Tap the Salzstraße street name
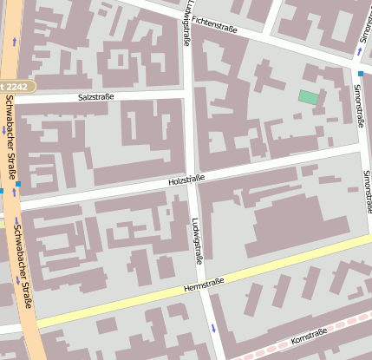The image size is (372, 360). [x=95, y=98]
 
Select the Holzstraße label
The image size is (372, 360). [x=186, y=179]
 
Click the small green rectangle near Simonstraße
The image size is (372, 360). [x=308, y=97]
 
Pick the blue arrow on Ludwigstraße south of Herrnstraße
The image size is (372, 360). [x=213, y=328]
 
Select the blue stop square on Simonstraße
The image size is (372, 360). [x=361, y=74]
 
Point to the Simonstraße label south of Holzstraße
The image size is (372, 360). [x=368, y=191]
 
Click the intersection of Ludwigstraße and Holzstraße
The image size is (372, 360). [x=190, y=184]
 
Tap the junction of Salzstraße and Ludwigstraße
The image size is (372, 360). [x=186, y=94]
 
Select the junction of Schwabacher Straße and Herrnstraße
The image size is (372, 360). [x=30, y=323]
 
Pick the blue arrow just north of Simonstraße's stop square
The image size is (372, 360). [x=360, y=52]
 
